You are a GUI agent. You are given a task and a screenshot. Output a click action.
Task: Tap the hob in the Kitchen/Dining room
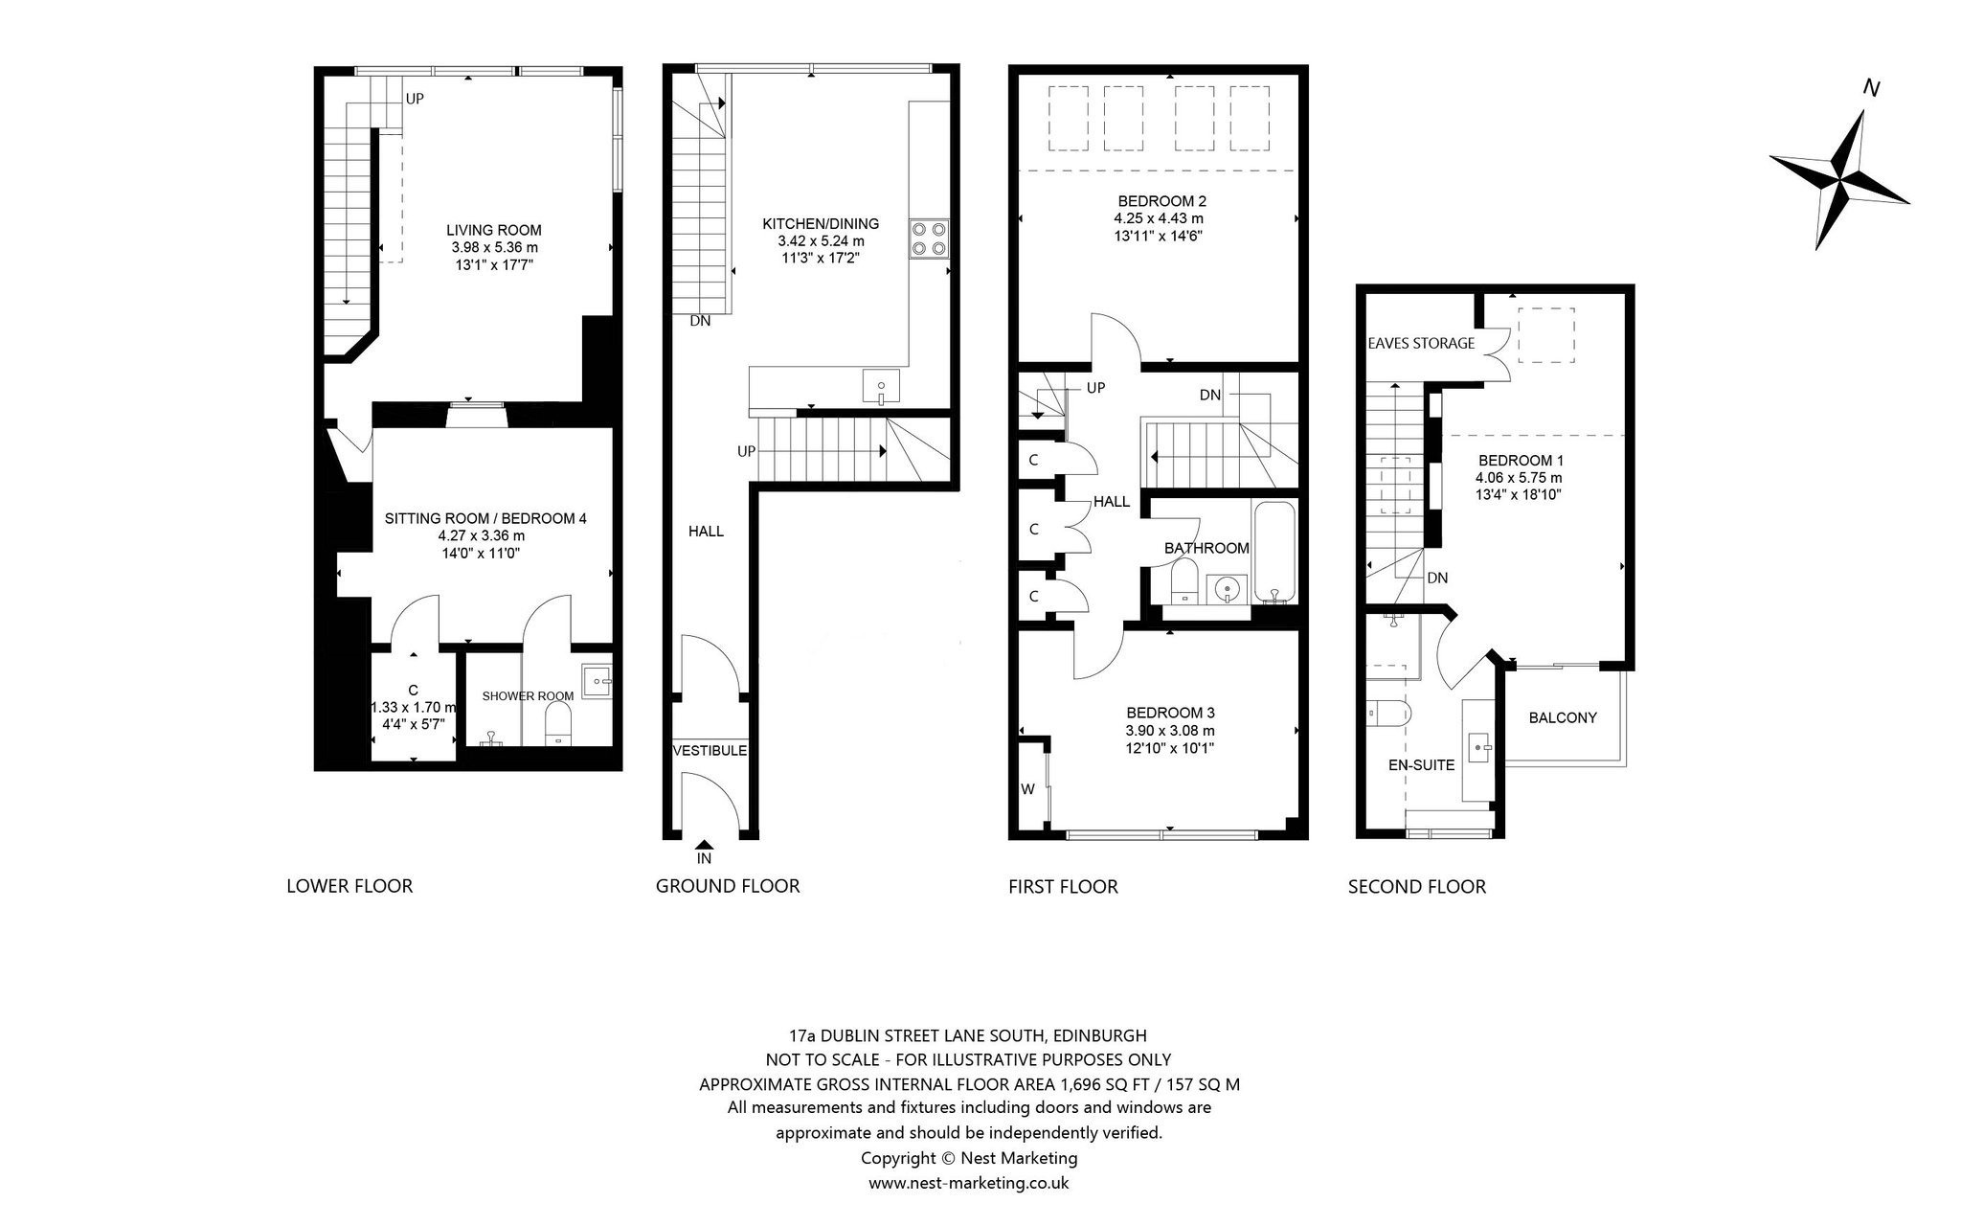[x=929, y=238]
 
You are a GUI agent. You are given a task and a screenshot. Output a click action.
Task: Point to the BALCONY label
[x=1563, y=717]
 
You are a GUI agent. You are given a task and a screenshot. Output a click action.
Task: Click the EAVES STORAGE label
[x=1421, y=343]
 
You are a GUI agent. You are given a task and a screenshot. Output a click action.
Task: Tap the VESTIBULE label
[x=710, y=751]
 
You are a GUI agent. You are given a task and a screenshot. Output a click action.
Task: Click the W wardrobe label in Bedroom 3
[x=1028, y=789]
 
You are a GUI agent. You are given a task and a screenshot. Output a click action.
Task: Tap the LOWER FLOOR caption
[x=349, y=886]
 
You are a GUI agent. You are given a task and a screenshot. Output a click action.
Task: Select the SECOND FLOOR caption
[x=1417, y=887]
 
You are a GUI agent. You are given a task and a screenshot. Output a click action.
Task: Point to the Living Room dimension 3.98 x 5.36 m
[x=495, y=247]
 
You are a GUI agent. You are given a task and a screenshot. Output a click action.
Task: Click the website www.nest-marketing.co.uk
[x=968, y=1183]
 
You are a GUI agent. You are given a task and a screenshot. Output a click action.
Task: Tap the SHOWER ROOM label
[x=528, y=696]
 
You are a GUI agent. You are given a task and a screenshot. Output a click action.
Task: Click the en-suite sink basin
[x=1480, y=745]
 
